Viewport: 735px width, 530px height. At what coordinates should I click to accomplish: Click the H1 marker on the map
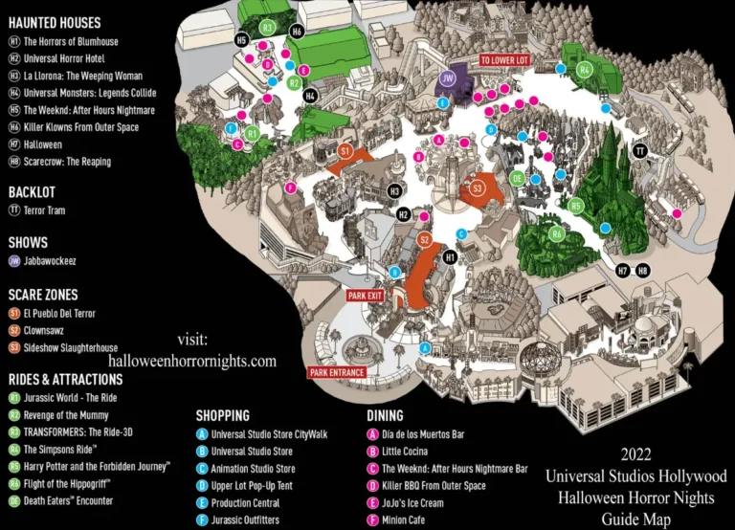click(x=450, y=257)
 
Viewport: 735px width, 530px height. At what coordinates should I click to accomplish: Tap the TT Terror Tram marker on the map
click(x=640, y=150)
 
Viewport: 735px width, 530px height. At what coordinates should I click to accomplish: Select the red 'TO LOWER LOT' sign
click(x=504, y=60)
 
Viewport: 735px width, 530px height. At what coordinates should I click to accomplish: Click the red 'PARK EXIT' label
click(x=365, y=296)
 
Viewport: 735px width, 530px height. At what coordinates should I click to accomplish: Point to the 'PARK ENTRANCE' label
click(x=336, y=372)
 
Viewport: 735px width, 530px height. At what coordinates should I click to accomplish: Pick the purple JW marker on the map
click(x=447, y=77)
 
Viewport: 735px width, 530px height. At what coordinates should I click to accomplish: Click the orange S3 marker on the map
click(x=476, y=188)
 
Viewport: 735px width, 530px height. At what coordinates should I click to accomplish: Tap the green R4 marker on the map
click(x=584, y=69)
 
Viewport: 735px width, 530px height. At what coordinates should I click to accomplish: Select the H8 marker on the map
click(x=642, y=271)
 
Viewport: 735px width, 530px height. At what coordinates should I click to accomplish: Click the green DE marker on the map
click(x=518, y=177)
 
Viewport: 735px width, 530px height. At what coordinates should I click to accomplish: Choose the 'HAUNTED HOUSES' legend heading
click(x=56, y=22)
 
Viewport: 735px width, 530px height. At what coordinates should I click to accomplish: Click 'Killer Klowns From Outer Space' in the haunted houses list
click(x=80, y=127)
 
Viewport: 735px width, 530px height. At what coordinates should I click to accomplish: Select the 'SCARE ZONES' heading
click(x=43, y=295)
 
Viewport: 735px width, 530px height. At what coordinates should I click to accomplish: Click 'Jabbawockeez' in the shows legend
click(x=54, y=260)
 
